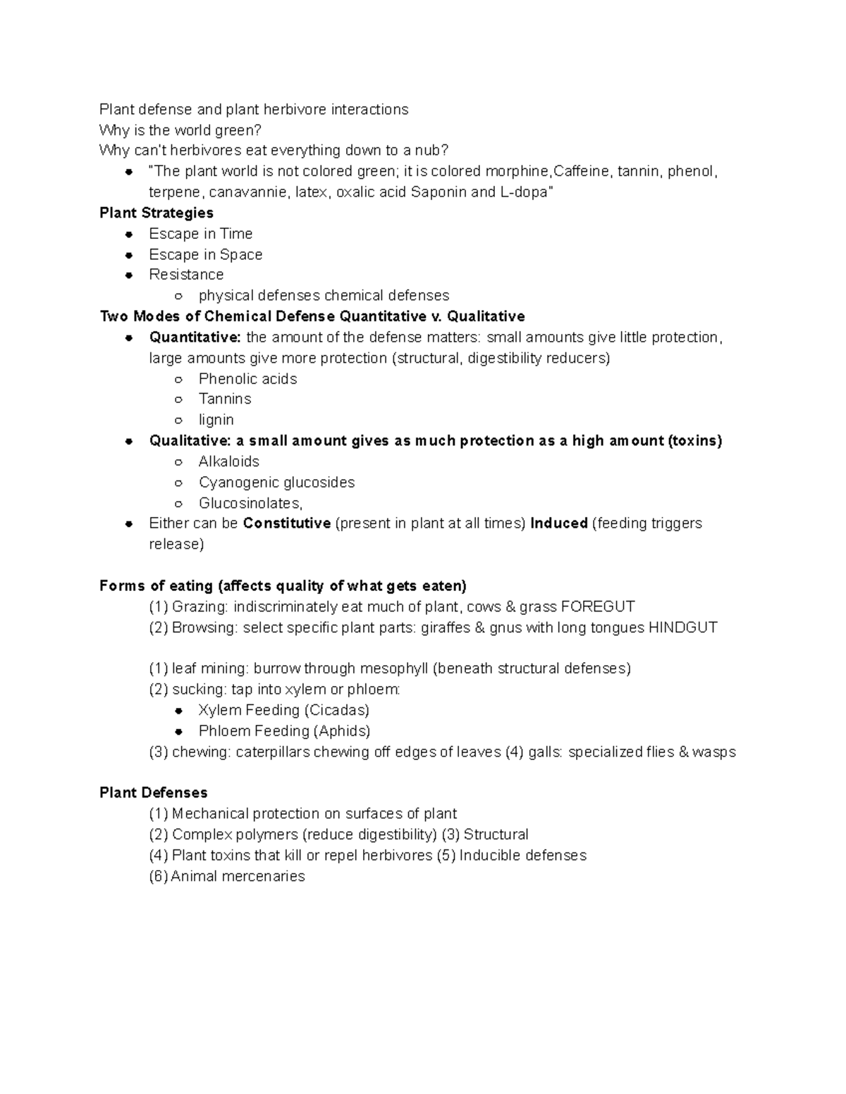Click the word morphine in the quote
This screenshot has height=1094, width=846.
click(517, 171)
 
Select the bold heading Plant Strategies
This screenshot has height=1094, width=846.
click(157, 213)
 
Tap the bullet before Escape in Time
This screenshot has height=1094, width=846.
click(128, 234)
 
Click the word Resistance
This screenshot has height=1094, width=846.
click(186, 275)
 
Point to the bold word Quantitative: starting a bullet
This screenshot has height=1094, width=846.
click(195, 337)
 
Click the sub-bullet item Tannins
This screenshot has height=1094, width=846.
click(225, 399)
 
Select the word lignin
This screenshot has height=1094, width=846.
click(216, 420)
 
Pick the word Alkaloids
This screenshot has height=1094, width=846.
click(228, 461)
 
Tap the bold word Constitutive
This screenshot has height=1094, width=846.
click(286, 523)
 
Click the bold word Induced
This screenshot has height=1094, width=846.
click(559, 523)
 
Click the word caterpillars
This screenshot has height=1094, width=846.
click(273, 752)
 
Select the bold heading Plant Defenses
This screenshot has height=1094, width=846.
click(153, 792)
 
